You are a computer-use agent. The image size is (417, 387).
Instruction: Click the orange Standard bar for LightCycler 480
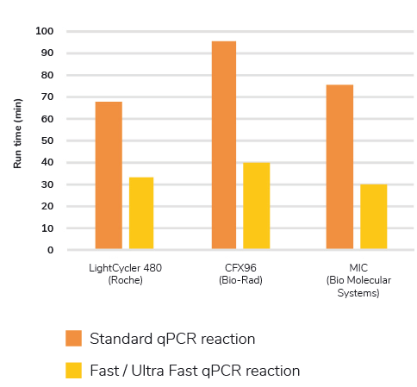tap(109, 176)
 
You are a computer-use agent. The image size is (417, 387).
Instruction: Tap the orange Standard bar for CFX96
tap(224, 146)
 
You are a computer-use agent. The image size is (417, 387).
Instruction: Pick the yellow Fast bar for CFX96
tap(257, 207)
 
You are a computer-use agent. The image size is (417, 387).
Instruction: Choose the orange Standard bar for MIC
tap(339, 167)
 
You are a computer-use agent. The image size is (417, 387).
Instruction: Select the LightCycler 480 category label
tap(126, 268)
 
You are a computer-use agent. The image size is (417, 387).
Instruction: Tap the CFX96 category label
tap(240, 268)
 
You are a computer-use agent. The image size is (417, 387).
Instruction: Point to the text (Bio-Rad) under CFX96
tap(240, 280)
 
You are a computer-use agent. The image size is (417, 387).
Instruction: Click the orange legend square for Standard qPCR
tap(74, 338)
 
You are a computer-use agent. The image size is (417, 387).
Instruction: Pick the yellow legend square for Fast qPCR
tap(74, 371)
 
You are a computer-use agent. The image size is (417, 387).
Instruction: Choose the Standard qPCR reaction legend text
tap(172, 339)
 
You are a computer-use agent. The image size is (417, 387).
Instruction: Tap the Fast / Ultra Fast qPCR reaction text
tap(195, 371)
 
